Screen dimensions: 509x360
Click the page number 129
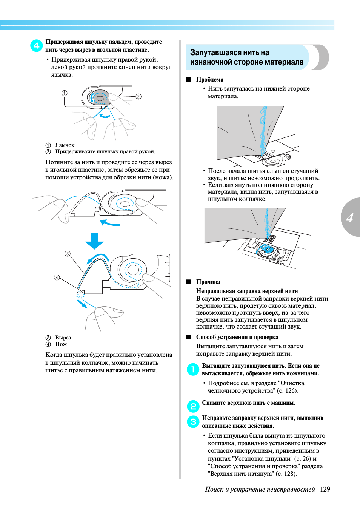pyautogui.click(x=325, y=489)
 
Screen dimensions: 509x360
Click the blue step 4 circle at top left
pyautogui.click(x=36, y=46)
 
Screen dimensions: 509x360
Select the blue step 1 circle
pyautogui.click(x=193, y=369)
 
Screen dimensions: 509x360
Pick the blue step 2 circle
pyautogui.click(x=193, y=406)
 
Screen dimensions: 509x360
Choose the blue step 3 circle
pyautogui.click(x=193, y=421)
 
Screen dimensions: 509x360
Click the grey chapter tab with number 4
pyautogui.click(x=350, y=217)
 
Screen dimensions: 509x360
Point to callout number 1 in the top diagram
pyautogui.click(x=65, y=93)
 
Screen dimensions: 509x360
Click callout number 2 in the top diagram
pyautogui.click(x=138, y=96)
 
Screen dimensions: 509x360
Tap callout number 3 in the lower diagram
pyautogui.click(x=68, y=254)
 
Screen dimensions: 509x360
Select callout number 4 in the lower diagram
pyautogui.click(x=57, y=278)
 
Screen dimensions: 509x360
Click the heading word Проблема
pyautogui.click(x=209, y=80)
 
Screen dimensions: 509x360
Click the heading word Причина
pyautogui.click(x=208, y=282)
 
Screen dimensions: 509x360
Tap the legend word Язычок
pyautogui.click(x=65, y=145)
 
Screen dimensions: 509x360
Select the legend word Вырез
pyautogui.click(x=63, y=338)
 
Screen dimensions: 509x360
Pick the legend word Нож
pyautogui.click(x=61, y=344)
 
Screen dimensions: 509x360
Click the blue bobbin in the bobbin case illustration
pyautogui.click(x=266, y=250)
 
